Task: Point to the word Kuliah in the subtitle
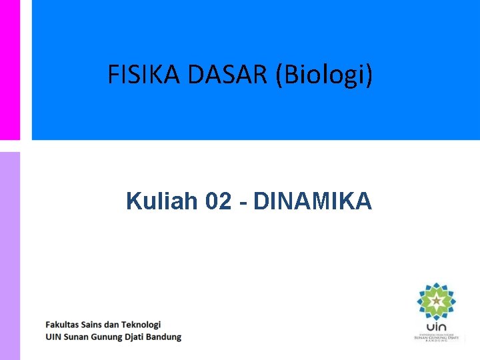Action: click(162, 201)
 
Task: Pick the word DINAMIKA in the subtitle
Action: click(313, 201)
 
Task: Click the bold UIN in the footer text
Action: click(53, 337)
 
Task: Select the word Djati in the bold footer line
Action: click(137, 337)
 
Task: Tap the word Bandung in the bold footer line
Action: click(165, 337)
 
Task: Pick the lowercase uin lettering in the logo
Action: click(437, 327)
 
